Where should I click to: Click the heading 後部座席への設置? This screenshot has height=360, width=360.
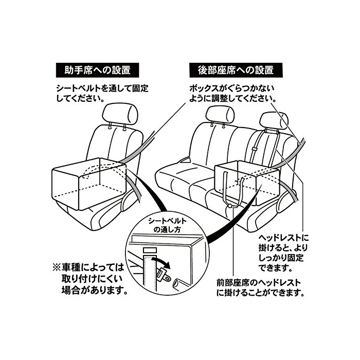[x=235, y=69]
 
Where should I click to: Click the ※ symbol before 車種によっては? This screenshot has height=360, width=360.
[x=57, y=268]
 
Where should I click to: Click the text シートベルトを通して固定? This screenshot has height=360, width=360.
[x=102, y=88]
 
